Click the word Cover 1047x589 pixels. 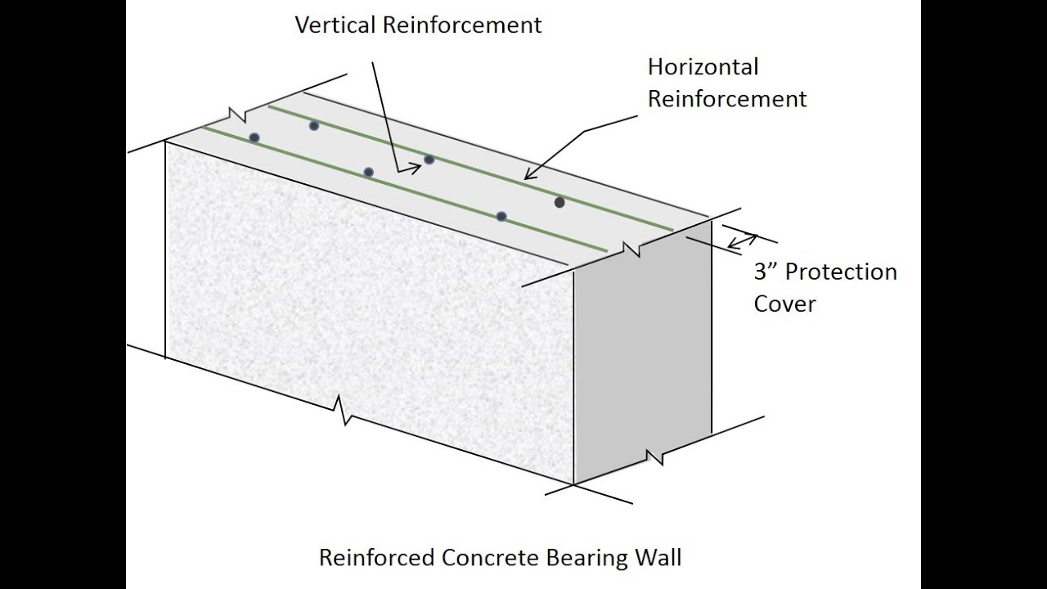(x=784, y=304)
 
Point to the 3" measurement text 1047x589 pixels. (x=766, y=272)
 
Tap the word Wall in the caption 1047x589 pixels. (x=658, y=559)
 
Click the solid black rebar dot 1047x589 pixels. (x=559, y=202)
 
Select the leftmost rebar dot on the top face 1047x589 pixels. (x=254, y=137)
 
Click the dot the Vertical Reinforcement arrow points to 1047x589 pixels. (x=429, y=160)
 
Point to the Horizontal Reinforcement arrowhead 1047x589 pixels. (x=528, y=175)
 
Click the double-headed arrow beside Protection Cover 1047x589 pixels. (x=742, y=241)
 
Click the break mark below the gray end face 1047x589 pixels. (x=654, y=455)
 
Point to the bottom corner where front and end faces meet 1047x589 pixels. (x=573, y=484)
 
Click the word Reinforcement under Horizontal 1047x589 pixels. (x=727, y=99)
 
